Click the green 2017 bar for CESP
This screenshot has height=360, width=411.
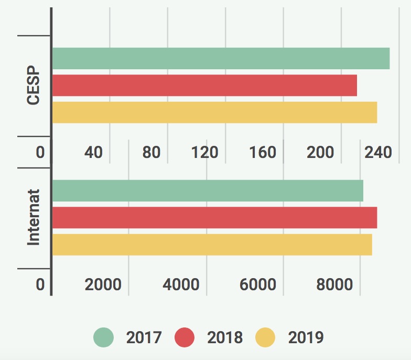pyautogui.click(x=221, y=58)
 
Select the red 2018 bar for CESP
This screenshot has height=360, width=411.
pyautogui.click(x=204, y=85)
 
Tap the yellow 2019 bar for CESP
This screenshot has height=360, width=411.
pyautogui.click(x=214, y=112)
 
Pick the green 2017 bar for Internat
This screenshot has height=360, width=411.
pyautogui.click(x=208, y=190)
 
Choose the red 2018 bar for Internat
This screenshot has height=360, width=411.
pyautogui.click(x=214, y=217)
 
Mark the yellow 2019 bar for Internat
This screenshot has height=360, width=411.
pyautogui.click(x=212, y=245)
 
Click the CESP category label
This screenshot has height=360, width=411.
pyautogui.click(x=34, y=85)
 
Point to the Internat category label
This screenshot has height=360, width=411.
pyautogui.click(x=34, y=217)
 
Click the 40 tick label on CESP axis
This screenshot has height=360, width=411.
pyautogui.click(x=93, y=152)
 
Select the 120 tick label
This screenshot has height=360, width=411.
pyautogui.click(x=204, y=152)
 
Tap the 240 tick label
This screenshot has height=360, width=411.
pyautogui.click(x=378, y=152)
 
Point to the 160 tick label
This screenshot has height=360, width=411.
pyautogui.click(x=263, y=152)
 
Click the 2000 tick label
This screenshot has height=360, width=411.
pyautogui.click(x=103, y=284)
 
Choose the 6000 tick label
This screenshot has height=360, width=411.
pyautogui.click(x=257, y=284)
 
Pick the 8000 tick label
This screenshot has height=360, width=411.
pyautogui.click(x=334, y=284)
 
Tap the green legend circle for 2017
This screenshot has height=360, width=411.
pyautogui.click(x=104, y=337)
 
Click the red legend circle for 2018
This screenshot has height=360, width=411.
pyautogui.click(x=185, y=337)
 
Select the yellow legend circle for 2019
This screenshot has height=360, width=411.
pyautogui.click(x=265, y=337)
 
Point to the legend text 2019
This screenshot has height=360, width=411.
pyautogui.click(x=306, y=337)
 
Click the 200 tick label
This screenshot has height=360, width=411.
pyautogui.click(x=320, y=152)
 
